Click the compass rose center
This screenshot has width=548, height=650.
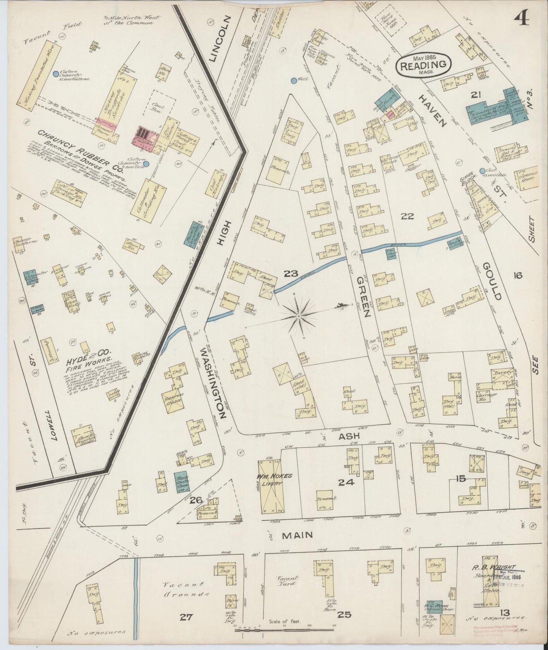[x=299, y=316]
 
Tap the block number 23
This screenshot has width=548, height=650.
[x=293, y=273]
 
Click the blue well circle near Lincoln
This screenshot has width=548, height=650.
[x=294, y=80]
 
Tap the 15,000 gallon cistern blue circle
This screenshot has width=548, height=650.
[x=56, y=73]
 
